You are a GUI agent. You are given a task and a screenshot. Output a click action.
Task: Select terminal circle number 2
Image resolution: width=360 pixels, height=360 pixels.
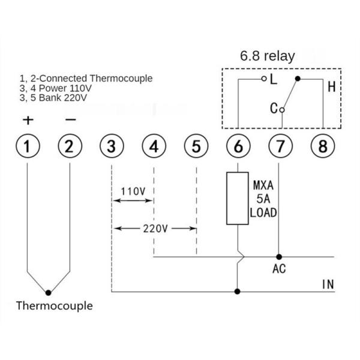click(x=70, y=146)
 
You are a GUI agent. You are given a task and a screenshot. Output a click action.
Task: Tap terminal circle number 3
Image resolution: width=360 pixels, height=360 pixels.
click(x=112, y=146)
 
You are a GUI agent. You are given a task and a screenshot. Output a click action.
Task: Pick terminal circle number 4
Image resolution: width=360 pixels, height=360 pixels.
click(x=154, y=146)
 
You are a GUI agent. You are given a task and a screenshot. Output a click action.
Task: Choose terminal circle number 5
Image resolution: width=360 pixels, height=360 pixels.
click(x=196, y=146)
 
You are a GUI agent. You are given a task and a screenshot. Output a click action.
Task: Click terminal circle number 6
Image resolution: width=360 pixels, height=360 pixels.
click(x=238, y=146)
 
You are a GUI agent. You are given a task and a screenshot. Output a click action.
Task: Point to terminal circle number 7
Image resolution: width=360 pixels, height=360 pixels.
click(x=280, y=146)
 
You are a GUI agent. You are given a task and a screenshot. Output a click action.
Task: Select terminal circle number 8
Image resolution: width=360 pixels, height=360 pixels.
click(x=322, y=146)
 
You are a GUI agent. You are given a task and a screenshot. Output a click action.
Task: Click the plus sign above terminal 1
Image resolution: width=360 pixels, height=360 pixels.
click(x=28, y=119)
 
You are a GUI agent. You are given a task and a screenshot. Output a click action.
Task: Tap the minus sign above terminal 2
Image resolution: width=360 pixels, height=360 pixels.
click(x=70, y=119)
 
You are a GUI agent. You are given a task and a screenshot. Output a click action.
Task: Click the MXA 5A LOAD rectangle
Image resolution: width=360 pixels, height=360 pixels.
click(x=238, y=199)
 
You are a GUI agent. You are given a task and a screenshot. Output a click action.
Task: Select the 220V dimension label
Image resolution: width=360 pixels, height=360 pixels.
click(x=155, y=229)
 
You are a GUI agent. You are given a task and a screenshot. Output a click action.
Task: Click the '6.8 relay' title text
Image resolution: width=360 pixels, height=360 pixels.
click(x=268, y=56)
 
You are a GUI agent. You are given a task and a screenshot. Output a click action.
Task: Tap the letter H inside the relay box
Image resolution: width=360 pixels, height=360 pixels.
click(x=331, y=86)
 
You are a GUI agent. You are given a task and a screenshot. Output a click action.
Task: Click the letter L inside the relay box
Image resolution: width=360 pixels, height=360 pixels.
click(x=274, y=79)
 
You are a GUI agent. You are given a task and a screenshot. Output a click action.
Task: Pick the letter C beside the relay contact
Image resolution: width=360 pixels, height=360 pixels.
click(x=274, y=109)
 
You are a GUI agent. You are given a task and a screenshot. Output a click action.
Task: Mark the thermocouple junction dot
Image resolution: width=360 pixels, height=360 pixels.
click(x=49, y=292)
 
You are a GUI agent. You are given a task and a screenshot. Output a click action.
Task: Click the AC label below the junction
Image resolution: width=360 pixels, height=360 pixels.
click(x=279, y=269)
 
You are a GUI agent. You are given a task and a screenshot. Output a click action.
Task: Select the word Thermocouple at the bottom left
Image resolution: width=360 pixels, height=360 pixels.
click(x=54, y=306)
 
